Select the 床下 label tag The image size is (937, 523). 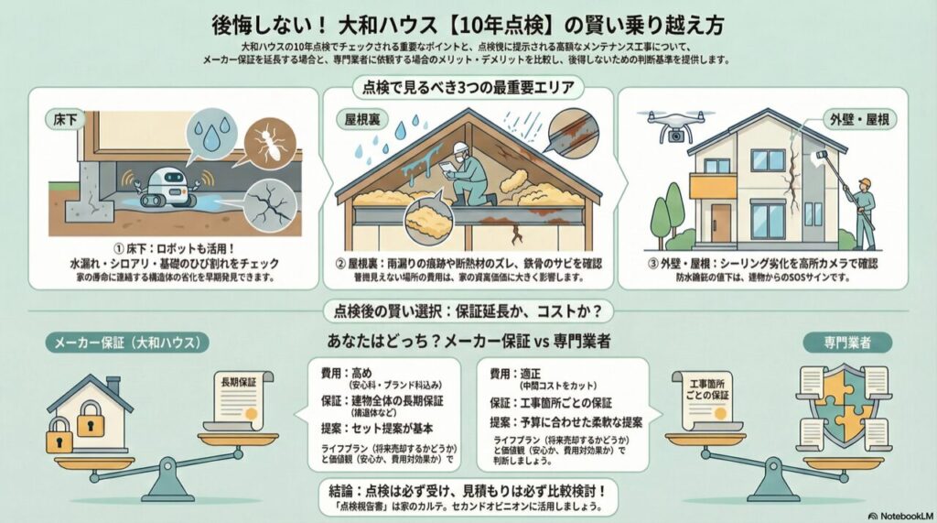64,121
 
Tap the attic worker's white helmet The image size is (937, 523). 460,148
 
